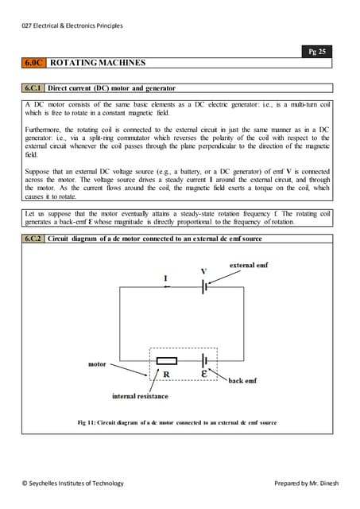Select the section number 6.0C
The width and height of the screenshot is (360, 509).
[34, 62]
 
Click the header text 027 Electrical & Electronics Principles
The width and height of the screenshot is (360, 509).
[72, 25]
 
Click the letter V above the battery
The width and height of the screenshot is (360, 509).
[203, 271]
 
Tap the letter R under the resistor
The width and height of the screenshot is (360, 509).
[166, 374]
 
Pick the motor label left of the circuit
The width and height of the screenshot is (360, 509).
[98, 364]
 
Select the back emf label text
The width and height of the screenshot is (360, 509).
[242, 381]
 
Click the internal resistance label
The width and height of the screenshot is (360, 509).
[140, 396]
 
